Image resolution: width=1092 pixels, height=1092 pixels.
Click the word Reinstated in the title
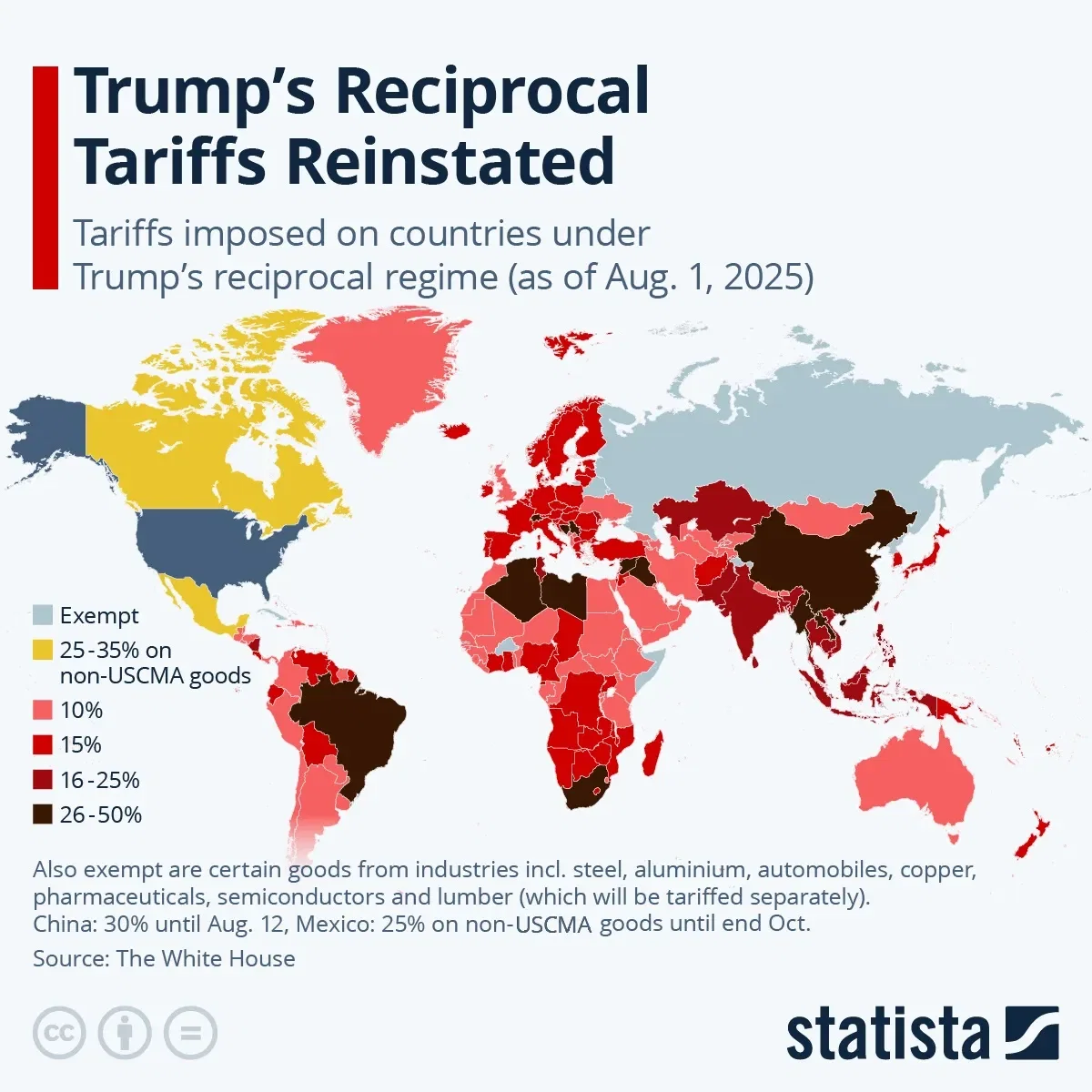[450, 162]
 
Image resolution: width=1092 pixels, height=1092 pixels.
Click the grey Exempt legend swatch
[43, 616]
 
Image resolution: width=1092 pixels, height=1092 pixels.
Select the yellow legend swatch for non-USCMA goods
[43, 651]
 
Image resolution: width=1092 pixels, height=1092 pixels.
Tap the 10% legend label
[81, 710]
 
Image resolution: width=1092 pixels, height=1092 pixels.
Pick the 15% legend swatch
[43, 745]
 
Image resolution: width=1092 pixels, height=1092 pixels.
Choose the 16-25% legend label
[99, 780]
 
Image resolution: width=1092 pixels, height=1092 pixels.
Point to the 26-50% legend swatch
[43, 814]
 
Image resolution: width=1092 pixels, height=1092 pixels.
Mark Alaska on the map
[50, 428]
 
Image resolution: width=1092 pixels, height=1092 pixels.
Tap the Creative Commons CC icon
[59, 1033]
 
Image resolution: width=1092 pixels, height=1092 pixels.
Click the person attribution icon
[125, 1033]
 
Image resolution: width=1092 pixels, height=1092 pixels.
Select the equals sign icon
[191, 1033]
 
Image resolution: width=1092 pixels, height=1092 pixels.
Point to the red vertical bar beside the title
[45, 177]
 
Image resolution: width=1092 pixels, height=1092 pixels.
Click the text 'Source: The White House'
[164, 958]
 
